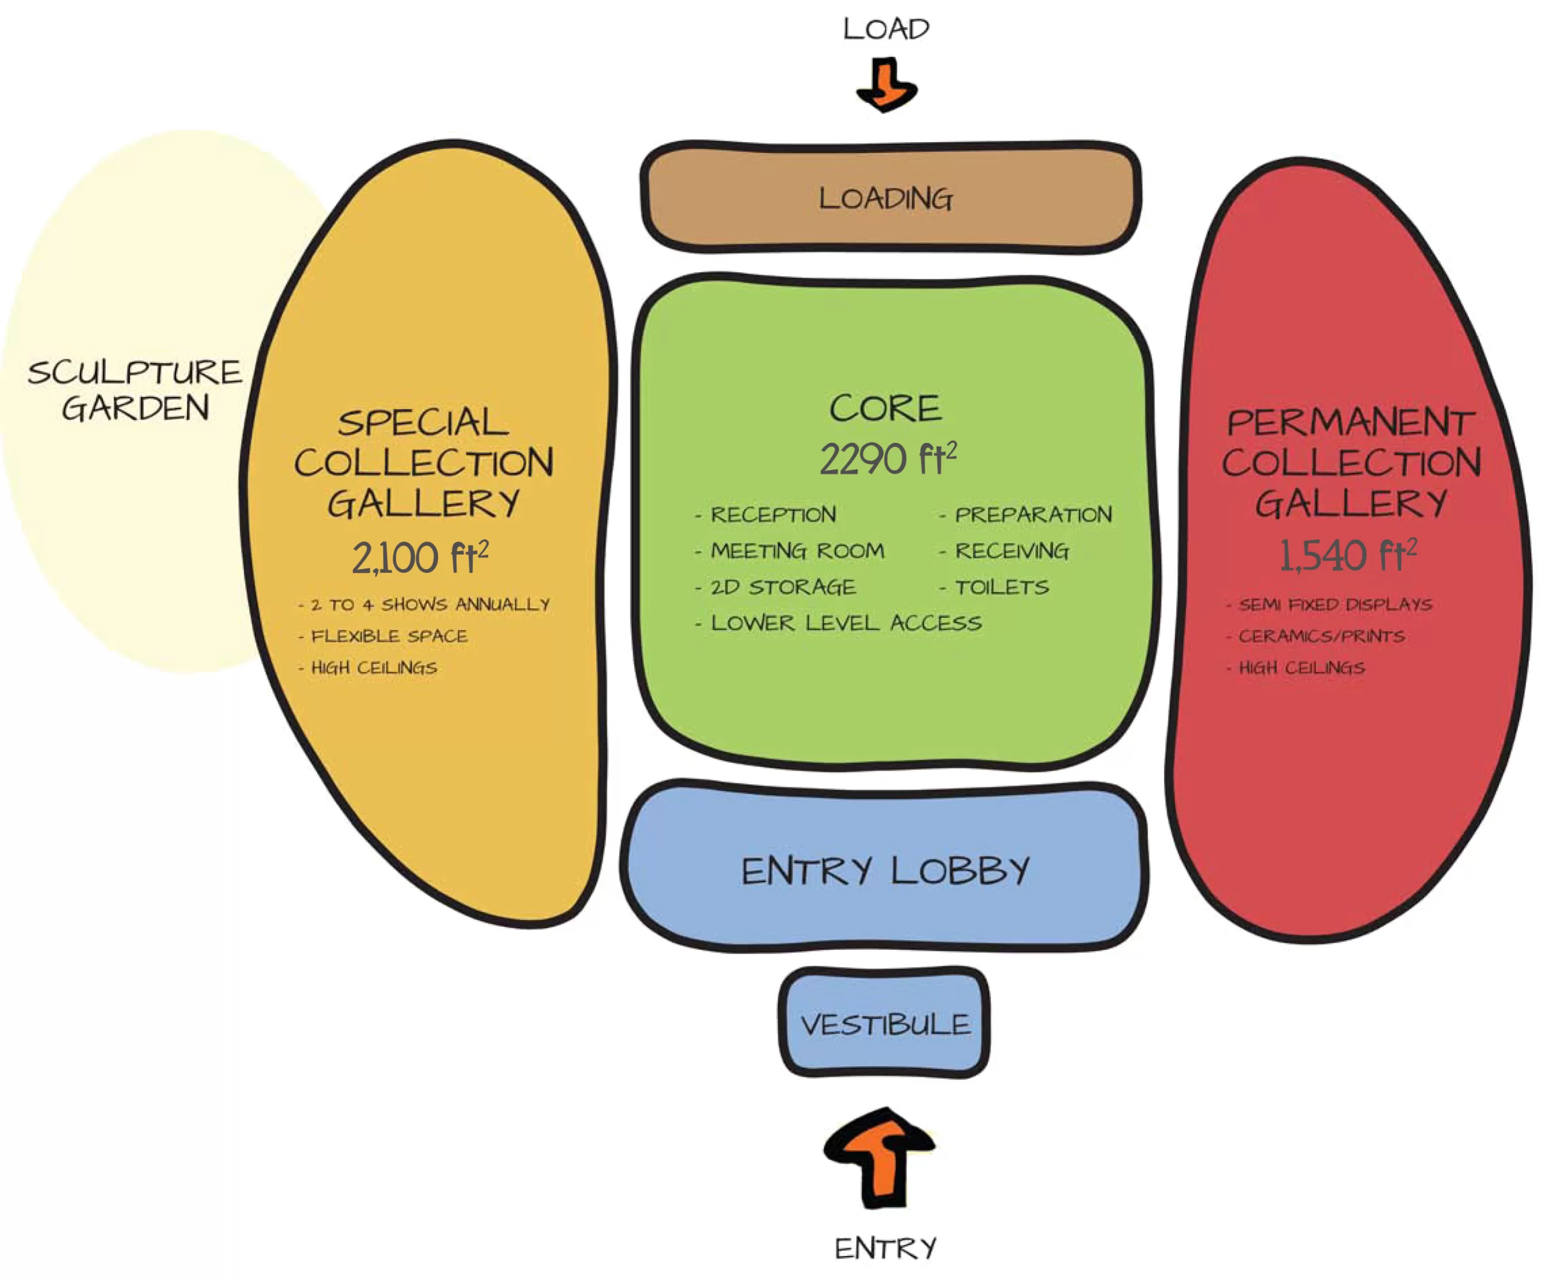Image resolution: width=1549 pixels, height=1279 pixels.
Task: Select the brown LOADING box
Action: click(889, 197)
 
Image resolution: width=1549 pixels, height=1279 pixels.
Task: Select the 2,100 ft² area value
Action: click(419, 557)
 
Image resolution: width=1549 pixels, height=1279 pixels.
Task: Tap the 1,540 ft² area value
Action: click(1347, 555)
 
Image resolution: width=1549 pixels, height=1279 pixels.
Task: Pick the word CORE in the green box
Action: click(885, 408)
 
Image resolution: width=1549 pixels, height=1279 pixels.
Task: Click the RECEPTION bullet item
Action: click(772, 514)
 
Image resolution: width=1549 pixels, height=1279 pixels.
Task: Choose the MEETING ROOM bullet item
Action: click(797, 551)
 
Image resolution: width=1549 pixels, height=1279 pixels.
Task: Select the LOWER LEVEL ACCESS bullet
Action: click(845, 623)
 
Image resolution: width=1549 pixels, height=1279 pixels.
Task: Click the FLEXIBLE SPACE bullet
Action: click(388, 636)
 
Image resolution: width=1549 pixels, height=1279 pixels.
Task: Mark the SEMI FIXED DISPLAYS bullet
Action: click(1335, 604)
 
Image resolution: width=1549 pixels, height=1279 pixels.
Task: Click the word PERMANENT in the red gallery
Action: click(1350, 422)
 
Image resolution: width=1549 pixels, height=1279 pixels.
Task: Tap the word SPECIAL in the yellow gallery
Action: click(423, 422)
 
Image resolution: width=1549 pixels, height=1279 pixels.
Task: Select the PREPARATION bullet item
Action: click(1032, 514)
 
